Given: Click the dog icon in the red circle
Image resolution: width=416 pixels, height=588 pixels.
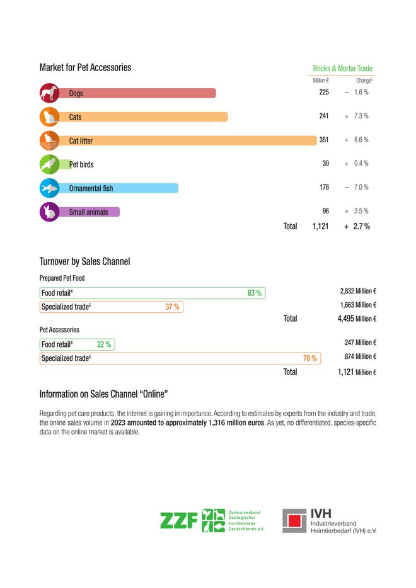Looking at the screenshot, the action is click(49, 93).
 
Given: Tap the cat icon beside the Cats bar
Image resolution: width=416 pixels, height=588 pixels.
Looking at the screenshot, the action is click(49, 116).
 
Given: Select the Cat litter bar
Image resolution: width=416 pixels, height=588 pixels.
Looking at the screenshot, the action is click(188, 140).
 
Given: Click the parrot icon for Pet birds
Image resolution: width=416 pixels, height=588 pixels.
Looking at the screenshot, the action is click(49, 164).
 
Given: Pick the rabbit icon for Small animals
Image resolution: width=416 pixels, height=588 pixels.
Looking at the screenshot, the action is click(49, 212).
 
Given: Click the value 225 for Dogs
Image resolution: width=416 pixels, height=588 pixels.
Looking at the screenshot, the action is click(324, 93).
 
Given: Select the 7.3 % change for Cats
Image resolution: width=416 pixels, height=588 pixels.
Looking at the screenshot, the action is click(361, 116).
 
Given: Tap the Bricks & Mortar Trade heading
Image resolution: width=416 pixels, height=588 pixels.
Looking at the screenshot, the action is click(342, 68).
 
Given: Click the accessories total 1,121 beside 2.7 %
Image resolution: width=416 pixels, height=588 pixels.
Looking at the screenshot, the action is click(320, 226).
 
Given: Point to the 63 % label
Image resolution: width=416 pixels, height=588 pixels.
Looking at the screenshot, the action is click(254, 293).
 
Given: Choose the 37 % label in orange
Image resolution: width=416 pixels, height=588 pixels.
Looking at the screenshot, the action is click(172, 307).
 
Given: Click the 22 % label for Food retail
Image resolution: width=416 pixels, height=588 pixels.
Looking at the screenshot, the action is click(104, 344).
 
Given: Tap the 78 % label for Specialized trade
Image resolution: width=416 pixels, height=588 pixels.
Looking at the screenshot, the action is click(309, 358).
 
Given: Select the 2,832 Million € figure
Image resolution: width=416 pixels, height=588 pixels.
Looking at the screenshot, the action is click(358, 291).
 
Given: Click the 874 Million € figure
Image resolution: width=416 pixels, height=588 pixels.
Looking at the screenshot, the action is click(361, 356).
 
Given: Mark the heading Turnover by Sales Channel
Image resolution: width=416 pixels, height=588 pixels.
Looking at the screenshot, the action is click(85, 261).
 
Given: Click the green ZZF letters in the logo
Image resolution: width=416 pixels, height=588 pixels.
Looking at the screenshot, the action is click(179, 521).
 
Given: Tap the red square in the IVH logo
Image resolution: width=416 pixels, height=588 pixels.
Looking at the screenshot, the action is click(295, 521).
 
